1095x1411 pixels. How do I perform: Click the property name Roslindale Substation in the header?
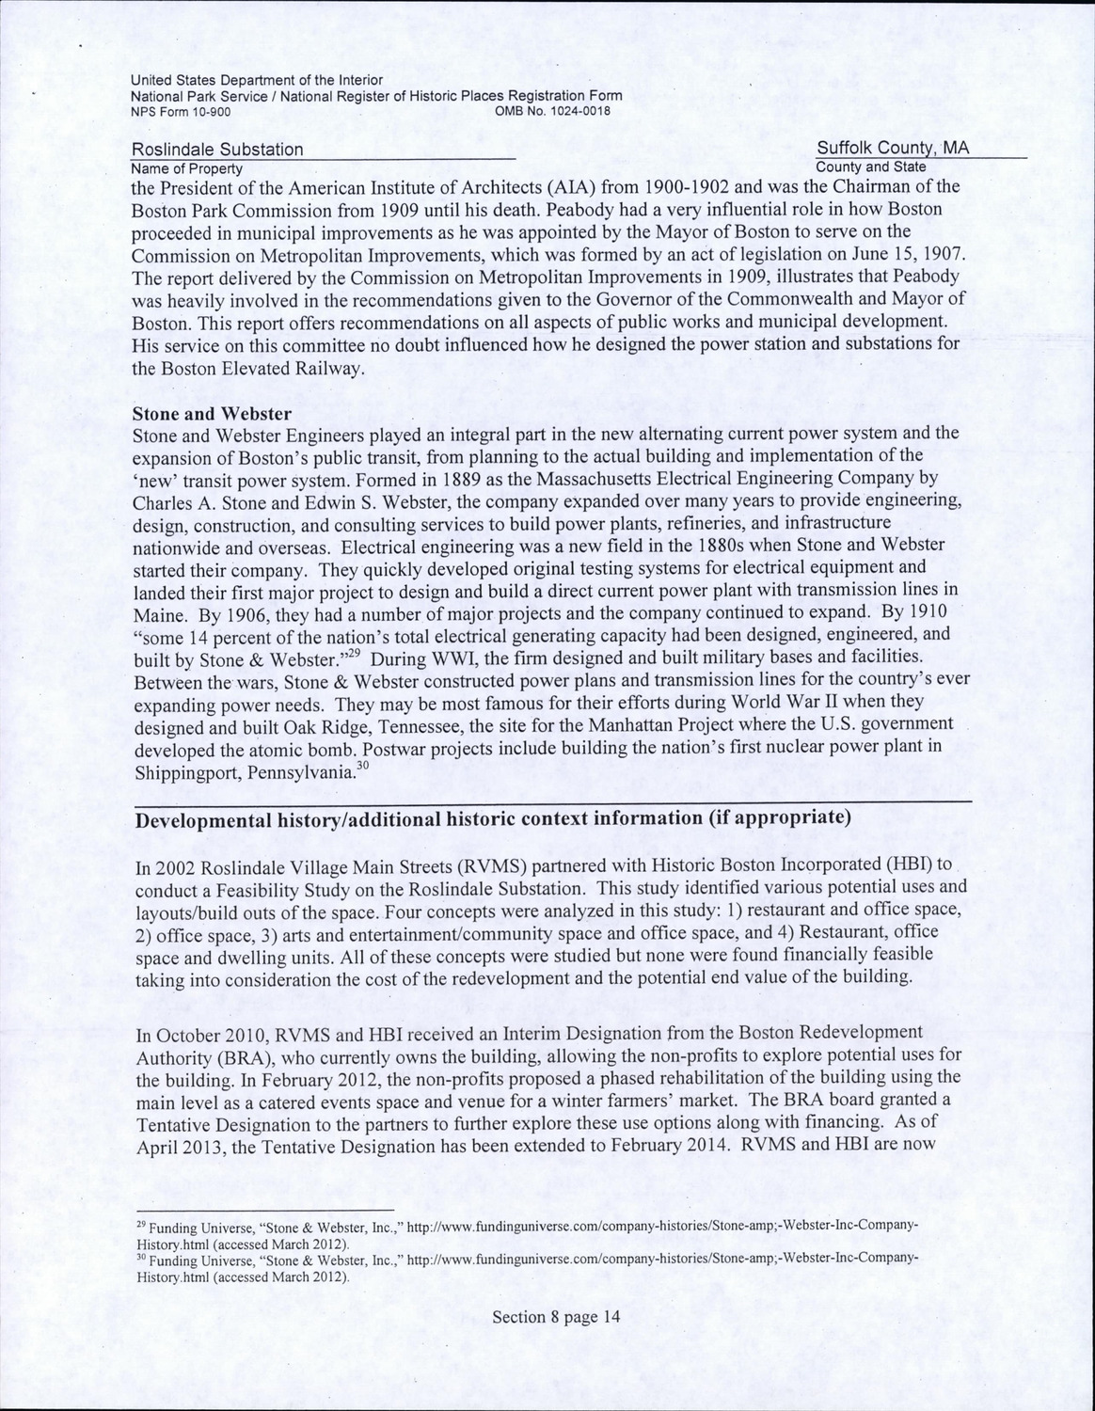click(x=217, y=151)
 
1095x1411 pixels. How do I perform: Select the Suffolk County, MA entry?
click(x=893, y=149)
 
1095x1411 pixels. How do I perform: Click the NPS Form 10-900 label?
click(x=180, y=111)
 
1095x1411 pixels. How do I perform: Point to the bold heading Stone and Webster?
click(x=212, y=414)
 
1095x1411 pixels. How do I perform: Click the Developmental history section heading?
click(x=494, y=817)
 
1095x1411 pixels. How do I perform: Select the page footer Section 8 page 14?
click(x=557, y=1317)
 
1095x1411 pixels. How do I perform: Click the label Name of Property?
click(x=186, y=168)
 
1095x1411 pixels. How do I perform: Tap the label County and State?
click(x=870, y=166)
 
